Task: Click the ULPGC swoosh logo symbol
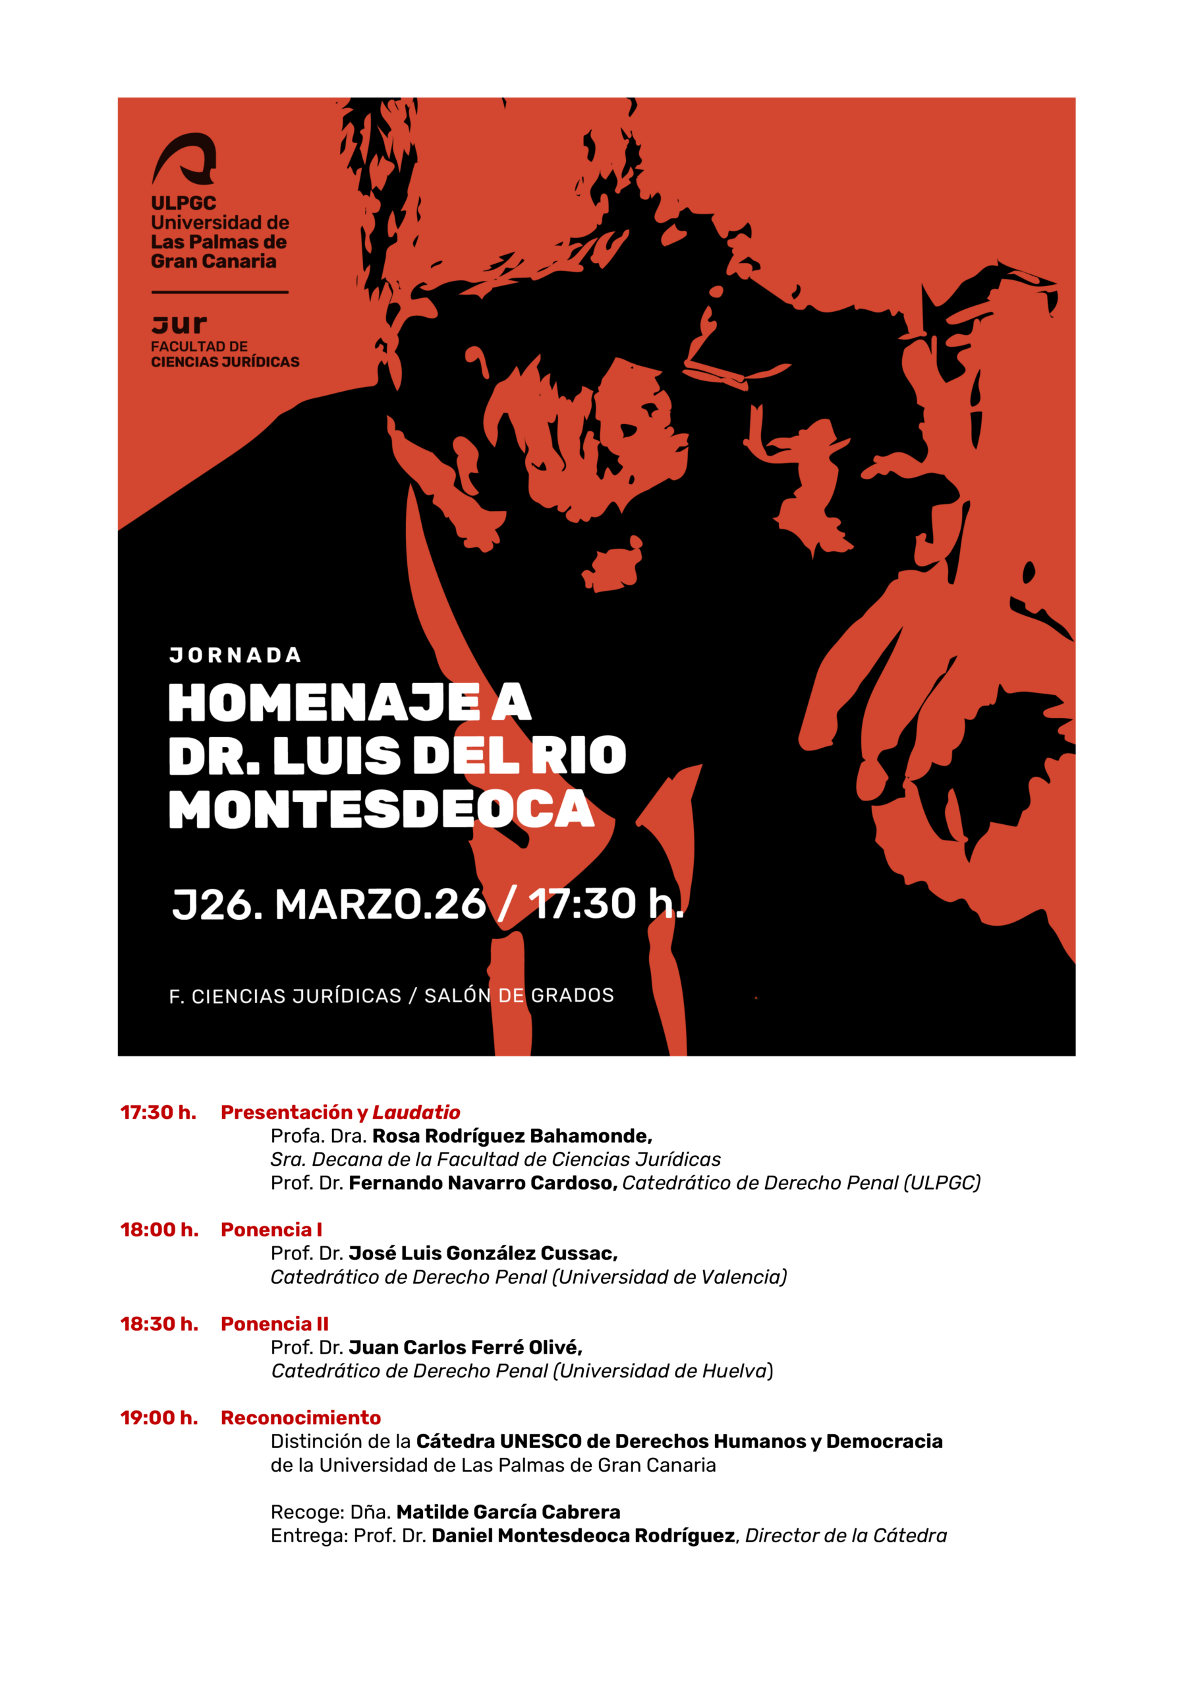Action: (184, 158)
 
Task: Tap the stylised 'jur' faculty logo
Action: (179, 324)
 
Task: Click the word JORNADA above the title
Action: (235, 655)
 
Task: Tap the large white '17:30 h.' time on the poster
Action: (605, 903)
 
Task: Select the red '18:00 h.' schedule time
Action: (159, 1229)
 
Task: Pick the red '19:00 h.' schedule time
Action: (159, 1418)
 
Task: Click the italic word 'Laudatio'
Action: (416, 1112)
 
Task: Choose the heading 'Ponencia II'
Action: (274, 1323)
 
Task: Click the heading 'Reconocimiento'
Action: (300, 1418)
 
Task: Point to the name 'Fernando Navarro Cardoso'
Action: (482, 1182)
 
